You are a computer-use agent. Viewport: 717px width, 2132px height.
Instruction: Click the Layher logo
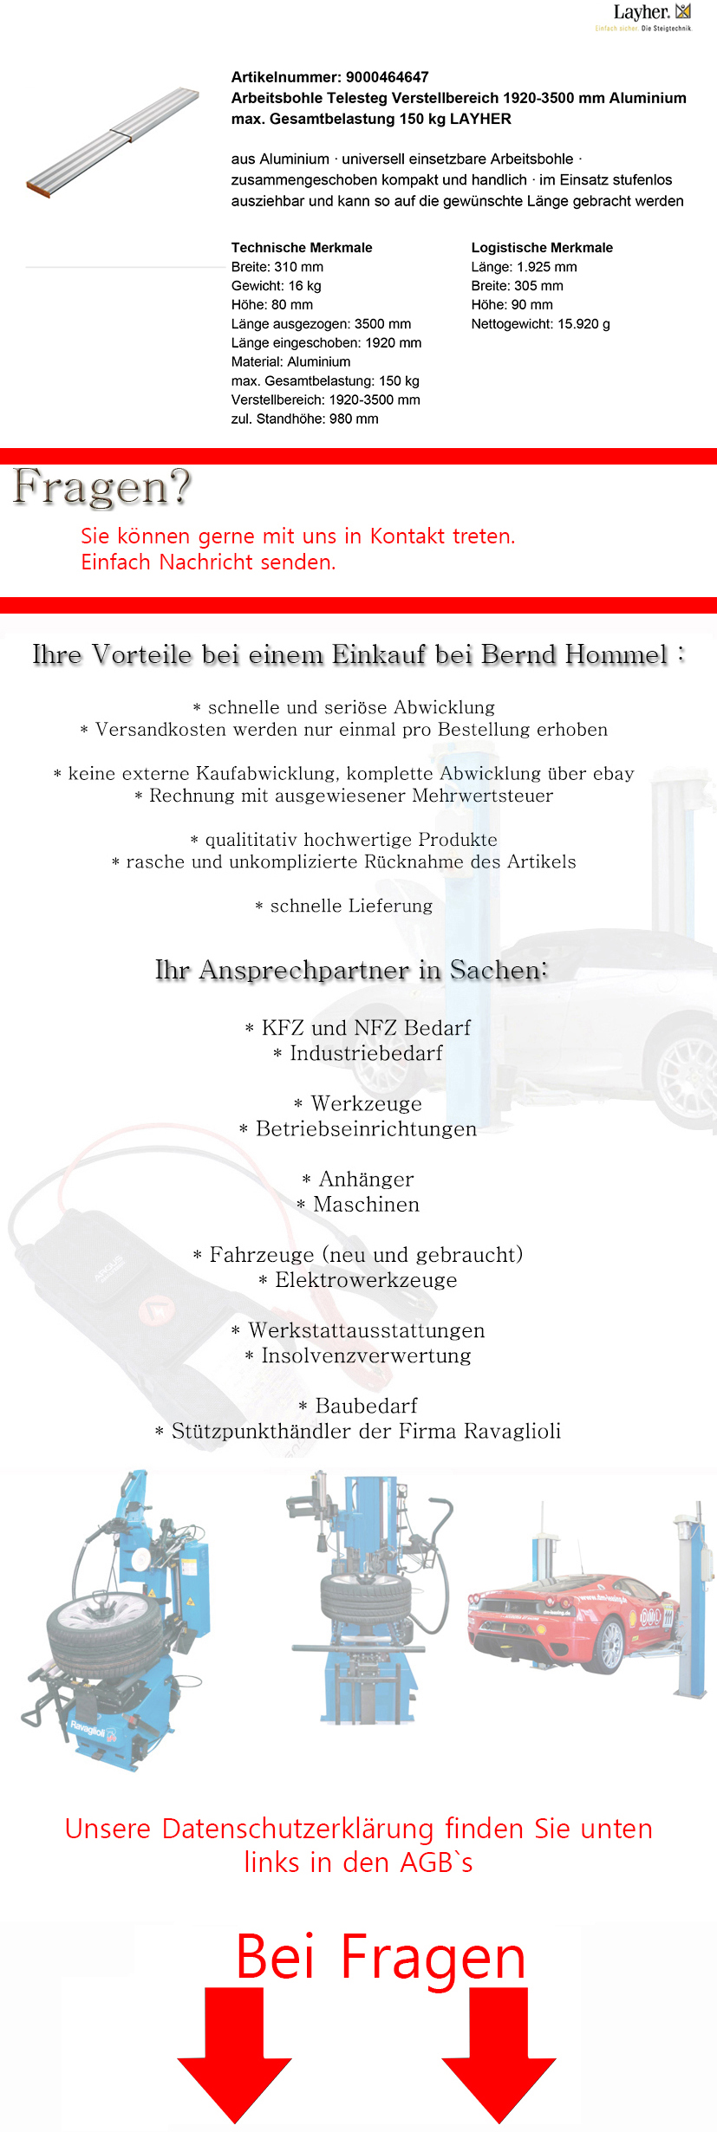tap(651, 16)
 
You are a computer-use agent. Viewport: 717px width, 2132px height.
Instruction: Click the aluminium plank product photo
tap(114, 142)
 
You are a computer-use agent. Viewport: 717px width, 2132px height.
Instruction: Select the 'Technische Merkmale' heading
tap(302, 248)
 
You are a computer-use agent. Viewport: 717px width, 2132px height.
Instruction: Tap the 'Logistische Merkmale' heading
tap(542, 248)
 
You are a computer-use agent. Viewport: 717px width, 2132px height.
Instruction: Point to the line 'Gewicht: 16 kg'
tap(276, 286)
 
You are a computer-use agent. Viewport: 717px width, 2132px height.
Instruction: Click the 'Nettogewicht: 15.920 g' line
tap(540, 324)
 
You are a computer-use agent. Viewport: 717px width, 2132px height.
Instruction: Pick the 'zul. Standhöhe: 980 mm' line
tap(304, 419)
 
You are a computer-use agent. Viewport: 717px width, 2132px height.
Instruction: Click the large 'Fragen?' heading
tap(101, 486)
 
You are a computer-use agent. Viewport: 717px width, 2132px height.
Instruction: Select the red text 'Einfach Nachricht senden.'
tap(208, 562)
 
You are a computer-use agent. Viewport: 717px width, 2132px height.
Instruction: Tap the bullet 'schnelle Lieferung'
tap(350, 906)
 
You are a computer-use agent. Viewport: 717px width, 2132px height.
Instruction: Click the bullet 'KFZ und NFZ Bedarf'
tap(365, 1028)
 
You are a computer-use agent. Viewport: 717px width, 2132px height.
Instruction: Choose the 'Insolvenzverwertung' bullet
tap(366, 1355)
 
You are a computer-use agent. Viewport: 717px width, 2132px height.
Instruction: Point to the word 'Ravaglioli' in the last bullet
tap(512, 1431)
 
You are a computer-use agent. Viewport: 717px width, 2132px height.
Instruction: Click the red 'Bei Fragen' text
tap(381, 1958)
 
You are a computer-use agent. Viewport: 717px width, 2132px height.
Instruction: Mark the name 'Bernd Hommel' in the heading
tap(574, 654)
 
